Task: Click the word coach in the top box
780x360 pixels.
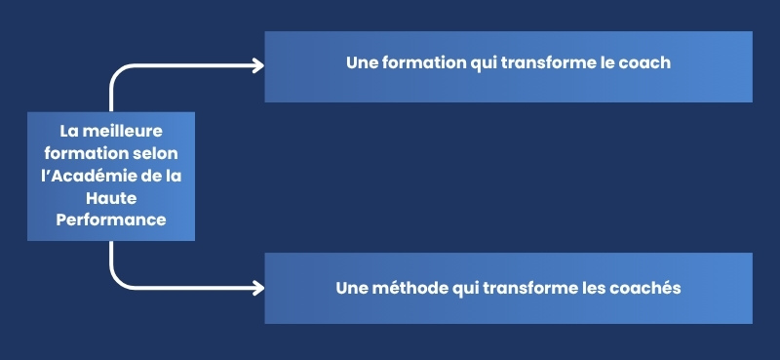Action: point(648,62)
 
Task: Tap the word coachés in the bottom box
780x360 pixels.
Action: point(648,289)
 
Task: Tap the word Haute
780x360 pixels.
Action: point(111,198)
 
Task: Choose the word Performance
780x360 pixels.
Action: point(111,220)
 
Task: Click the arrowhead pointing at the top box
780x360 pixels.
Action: point(258,65)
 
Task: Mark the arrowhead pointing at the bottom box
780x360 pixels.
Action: point(258,288)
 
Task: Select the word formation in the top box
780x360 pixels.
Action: point(419,62)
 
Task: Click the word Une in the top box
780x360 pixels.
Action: point(362,62)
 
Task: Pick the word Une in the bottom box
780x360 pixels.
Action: point(351,289)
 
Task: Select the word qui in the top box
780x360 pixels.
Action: point(482,62)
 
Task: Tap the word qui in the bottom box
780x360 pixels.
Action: point(461,289)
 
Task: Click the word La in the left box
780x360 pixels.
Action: point(68,131)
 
